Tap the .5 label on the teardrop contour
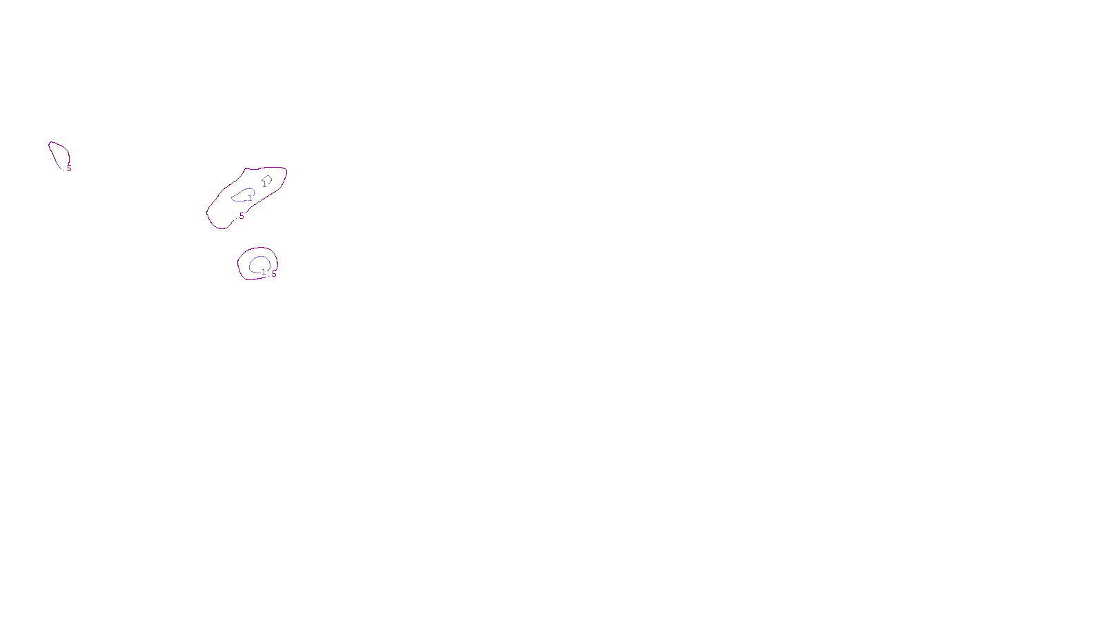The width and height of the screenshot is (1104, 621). tap(68, 168)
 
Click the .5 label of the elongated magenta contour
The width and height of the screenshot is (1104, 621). tap(240, 216)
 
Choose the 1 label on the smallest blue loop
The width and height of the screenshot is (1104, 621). tap(264, 184)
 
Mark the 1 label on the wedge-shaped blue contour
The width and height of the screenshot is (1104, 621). tap(250, 199)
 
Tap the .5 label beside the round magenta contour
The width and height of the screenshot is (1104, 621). tap(273, 274)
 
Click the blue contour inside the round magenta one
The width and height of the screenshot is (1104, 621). tap(251, 263)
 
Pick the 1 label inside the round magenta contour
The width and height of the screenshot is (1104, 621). tap(264, 272)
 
